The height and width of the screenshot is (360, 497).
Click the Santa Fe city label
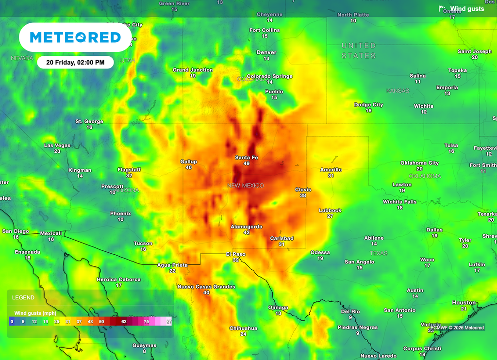click(x=247, y=158)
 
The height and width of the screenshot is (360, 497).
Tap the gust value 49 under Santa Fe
click(x=247, y=164)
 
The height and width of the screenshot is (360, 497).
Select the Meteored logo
click(x=75, y=37)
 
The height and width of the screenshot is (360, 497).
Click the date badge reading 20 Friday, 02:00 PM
click(x=75, y=62)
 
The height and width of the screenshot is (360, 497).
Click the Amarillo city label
click(x=331, y=170)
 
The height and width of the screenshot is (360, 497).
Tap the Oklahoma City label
click(x=419, y=163)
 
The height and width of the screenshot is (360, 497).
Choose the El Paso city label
click(x=235, y=254)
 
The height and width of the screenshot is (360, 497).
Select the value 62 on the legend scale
click(x=124, y=321)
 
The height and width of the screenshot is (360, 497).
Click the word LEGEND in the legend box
click(x=23, y=297)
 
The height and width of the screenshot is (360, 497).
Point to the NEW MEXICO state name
click(x=246, y=186)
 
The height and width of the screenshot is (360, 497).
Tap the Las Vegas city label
click(x=57, y=146)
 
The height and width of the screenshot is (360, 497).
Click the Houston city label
click(x=464, y=303)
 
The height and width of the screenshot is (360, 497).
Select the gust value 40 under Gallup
click(x=189, y=167)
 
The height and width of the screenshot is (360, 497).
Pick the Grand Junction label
click(x=193, y=70)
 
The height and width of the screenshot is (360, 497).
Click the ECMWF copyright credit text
click(x=457, y=327)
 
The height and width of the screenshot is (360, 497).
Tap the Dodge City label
click(x=368, y=105)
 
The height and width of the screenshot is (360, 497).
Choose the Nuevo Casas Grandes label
click(x=206, y=287)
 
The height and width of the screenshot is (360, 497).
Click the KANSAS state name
click(x=398, y=91)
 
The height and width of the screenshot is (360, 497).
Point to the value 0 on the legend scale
click(x=11, y=321)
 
